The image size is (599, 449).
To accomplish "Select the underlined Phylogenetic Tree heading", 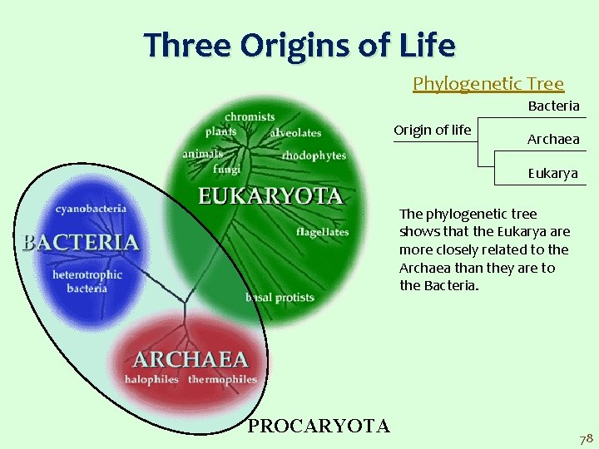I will click(488, 83).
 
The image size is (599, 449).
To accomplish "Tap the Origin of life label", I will click(432, 130).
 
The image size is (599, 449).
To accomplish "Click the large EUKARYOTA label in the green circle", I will click(270, 196).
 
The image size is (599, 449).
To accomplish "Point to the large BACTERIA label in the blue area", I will click(80, 242).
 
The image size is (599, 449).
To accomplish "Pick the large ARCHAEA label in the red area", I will click(191, 359).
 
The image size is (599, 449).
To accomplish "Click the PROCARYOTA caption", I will click(319, 427).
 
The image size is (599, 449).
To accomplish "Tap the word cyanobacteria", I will click(92, 209).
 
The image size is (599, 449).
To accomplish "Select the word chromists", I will click(250, 117).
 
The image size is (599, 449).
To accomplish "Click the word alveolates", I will click(295, 133).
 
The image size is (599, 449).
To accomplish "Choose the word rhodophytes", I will click(314, 155).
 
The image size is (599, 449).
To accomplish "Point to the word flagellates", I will click(323, 232).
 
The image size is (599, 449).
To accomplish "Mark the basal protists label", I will click(280, 298).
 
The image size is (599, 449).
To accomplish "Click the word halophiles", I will click(151, 379).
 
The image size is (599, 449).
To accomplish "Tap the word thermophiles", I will click(222, 379).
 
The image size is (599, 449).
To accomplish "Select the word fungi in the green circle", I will click(226, 169).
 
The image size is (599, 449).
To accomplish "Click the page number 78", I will click(585, 437).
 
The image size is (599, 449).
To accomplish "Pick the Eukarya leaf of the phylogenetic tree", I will click(552, 174).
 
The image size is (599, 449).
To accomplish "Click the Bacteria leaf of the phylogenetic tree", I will click(553, 106).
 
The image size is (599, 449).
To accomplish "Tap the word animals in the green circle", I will click(202, 153).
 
